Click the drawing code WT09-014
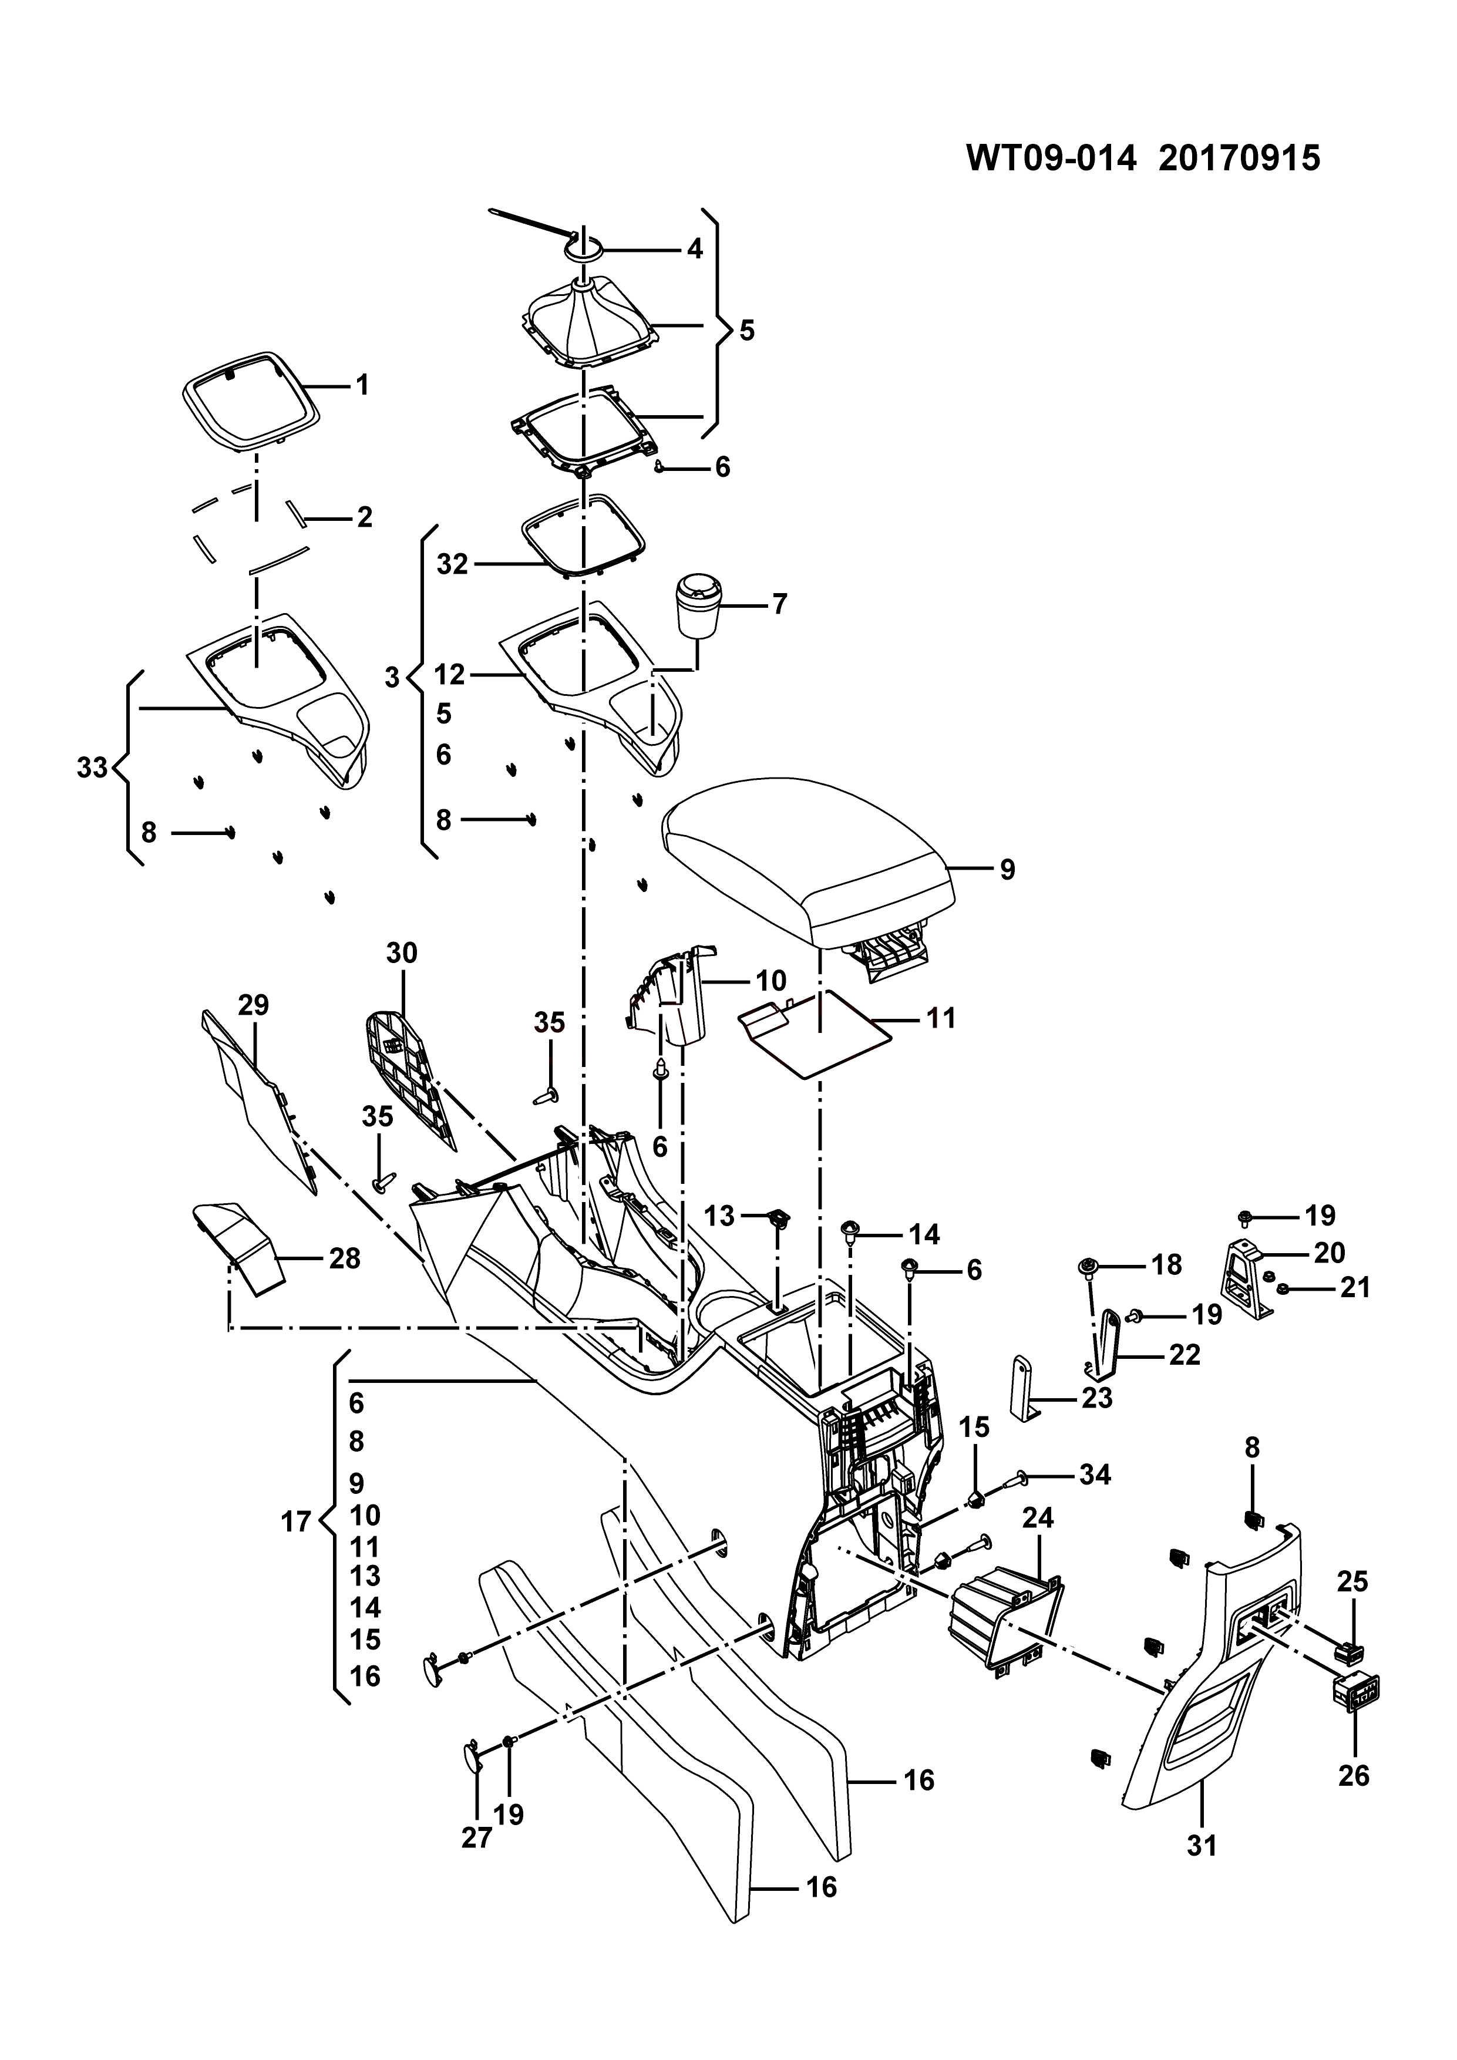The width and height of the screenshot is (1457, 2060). (x=1051, y=159)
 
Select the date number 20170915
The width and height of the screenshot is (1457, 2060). (x=1239, y=159)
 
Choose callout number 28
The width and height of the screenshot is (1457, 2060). (x=345, y=1259)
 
